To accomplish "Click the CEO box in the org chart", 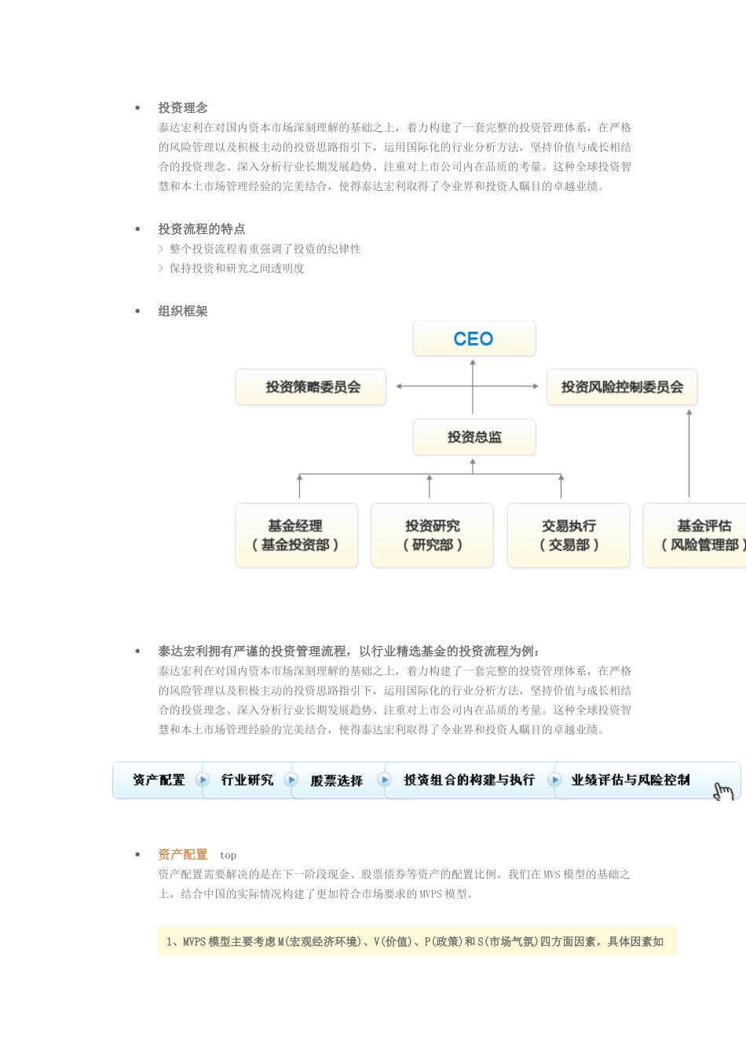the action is click(474, 339).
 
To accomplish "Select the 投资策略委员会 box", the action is click(311, 387).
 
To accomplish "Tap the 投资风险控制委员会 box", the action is click(622, 387).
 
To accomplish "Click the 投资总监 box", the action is click(474, 437).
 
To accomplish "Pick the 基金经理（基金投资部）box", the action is click(296, 535).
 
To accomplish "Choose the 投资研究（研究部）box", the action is click(432, 535).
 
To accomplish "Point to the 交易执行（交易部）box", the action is click(569, 535).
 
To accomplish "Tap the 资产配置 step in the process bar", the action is click(159, 779).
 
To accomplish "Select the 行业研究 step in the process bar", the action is click(247, 779).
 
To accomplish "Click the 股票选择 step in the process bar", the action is click(337, 780).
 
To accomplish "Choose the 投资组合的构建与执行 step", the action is click(469, 779).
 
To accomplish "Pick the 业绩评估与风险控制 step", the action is click(631, 779).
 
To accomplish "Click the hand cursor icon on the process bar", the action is click(723, 790).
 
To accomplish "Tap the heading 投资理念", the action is click(183, 108).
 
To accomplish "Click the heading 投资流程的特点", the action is click(202, 229).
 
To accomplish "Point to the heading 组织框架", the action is click(183, 311).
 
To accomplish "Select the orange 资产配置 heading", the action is click(183, 855).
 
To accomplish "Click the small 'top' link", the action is click(228, 856).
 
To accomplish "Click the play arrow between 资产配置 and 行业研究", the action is click(203, 779).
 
